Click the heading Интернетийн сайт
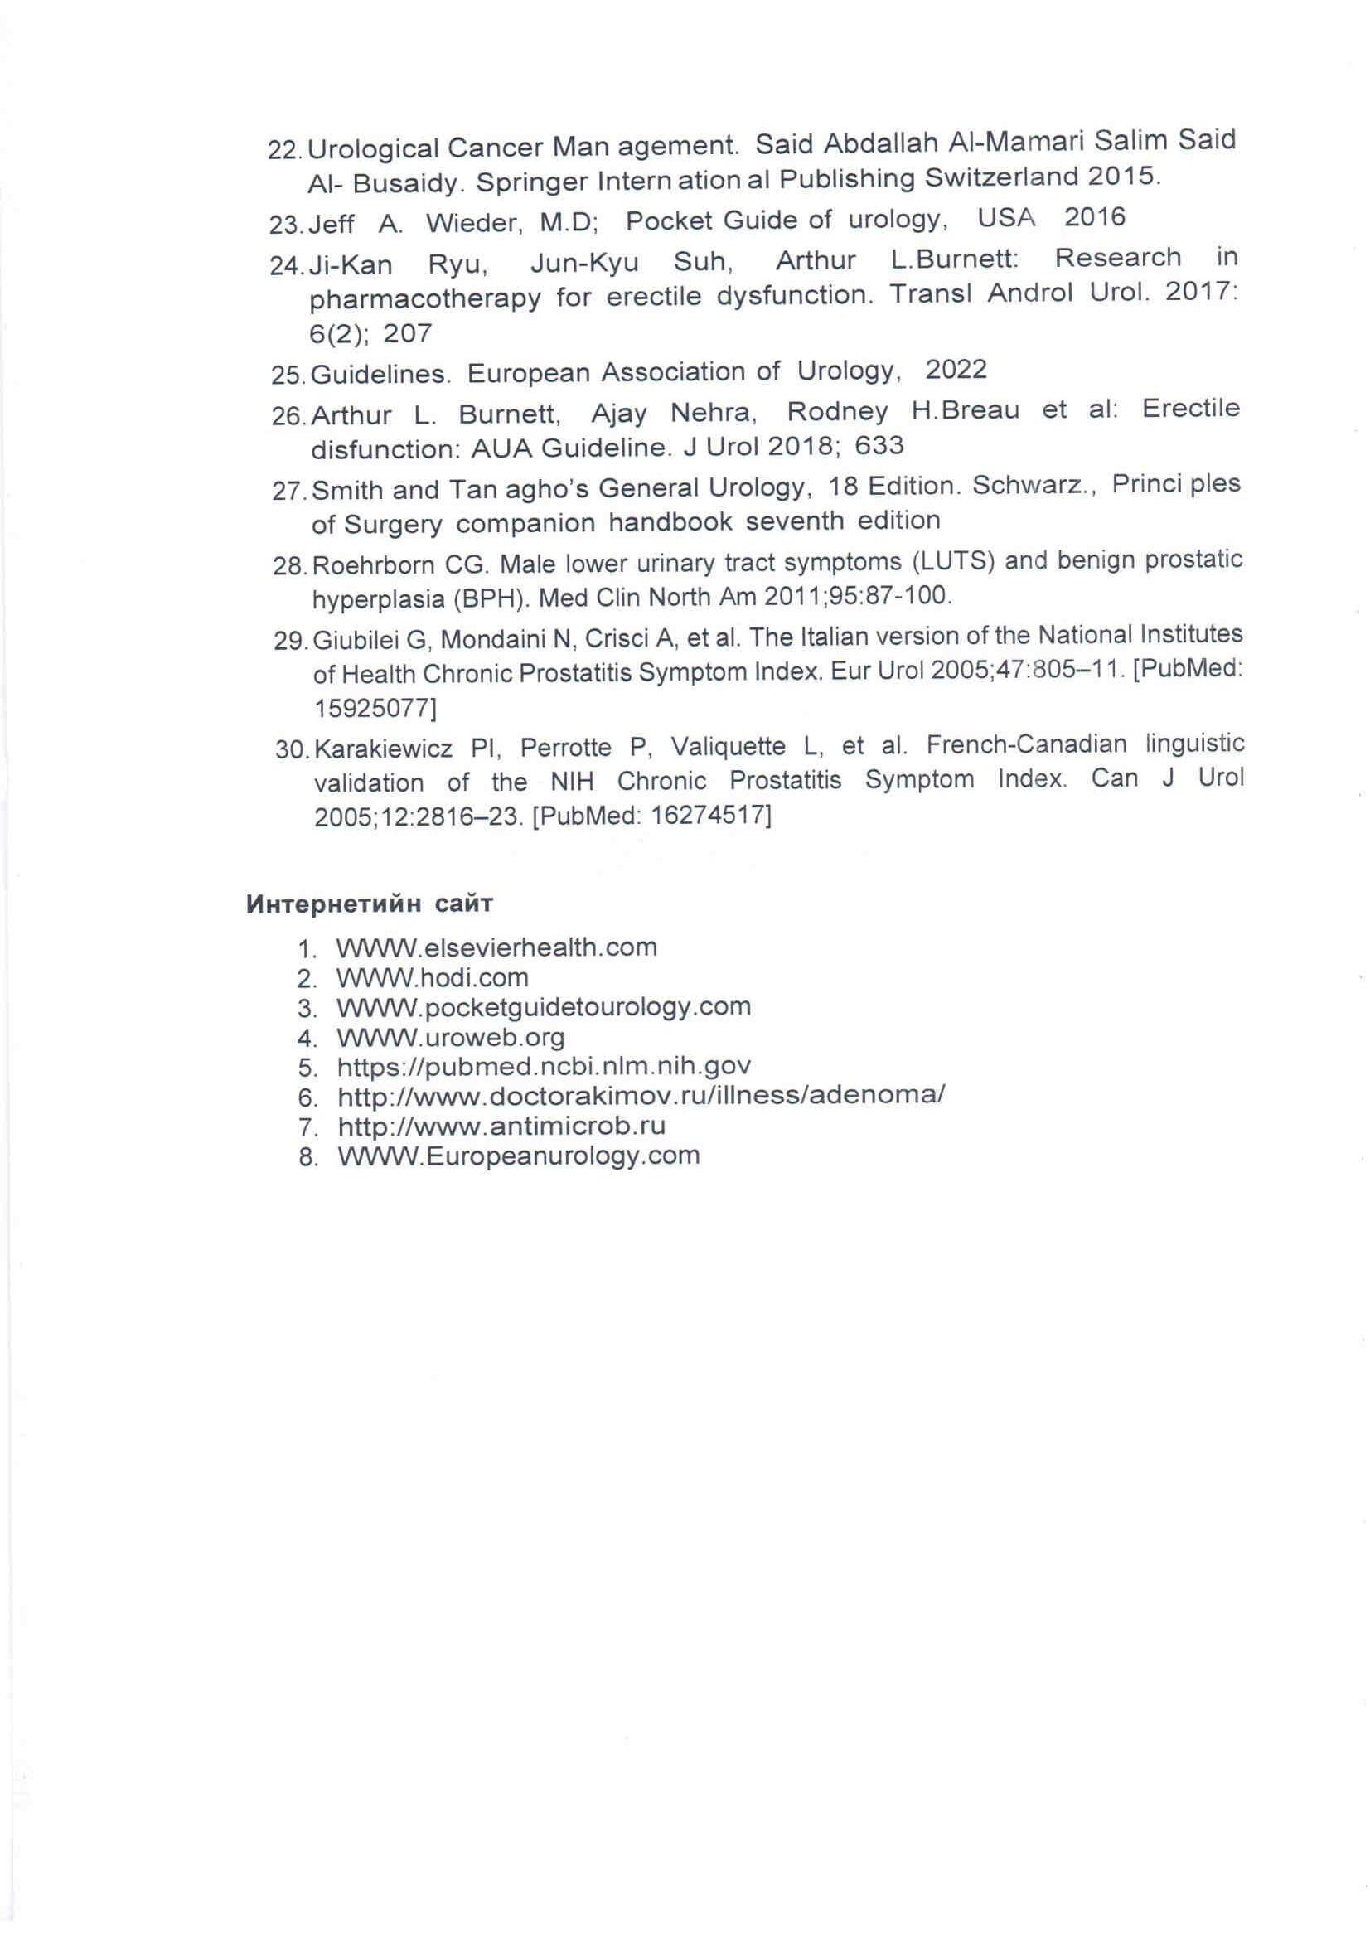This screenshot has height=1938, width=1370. point(370,904)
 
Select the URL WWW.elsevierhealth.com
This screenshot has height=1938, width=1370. point(496,947)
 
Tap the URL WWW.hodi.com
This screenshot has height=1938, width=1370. point(432,977)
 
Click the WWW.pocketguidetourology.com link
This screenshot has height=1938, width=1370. point(544,1006)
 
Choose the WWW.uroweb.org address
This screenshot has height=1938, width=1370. point(451,1036)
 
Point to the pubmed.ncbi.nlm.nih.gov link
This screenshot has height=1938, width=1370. point(544,1066)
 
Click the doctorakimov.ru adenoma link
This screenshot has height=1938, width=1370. point(641,1096)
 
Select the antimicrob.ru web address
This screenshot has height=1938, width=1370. point(501,1125)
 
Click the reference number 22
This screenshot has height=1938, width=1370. point(283,150)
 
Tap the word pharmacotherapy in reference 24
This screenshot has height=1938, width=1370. point(425,298)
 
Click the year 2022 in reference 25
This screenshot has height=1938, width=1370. point(956,369)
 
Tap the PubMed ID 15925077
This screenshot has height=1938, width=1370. point(375,707)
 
